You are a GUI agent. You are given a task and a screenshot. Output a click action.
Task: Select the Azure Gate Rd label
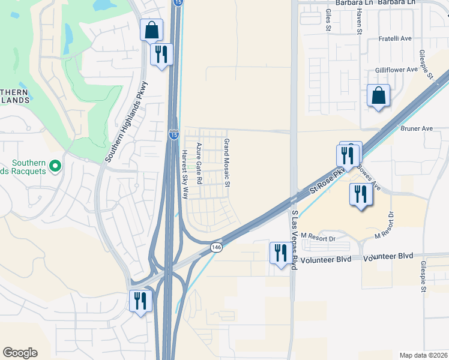pyautogui.click(x=199, y=163)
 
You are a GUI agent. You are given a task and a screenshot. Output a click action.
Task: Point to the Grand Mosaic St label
pyautogui.click(x=227, y=162)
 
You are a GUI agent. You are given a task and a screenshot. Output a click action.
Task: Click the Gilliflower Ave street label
pyautogui.click(x=396, y=70)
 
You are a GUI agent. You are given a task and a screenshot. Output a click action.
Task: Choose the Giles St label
pyautogui.click(x=328, y=19)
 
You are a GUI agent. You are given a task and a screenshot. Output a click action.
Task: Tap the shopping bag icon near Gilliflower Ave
pyautogui.click(x=379, y=95)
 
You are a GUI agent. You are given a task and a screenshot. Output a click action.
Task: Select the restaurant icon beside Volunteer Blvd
pyautogui.click(x=280, y=253)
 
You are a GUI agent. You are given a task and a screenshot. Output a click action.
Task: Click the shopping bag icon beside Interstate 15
pyautogui.click(x=152, y=29)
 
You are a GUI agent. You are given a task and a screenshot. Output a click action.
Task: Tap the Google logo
pyautogui.click(x=20, y=353)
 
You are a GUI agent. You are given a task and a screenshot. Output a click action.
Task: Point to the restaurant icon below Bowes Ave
pyautogui.click(x=360, y=194)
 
